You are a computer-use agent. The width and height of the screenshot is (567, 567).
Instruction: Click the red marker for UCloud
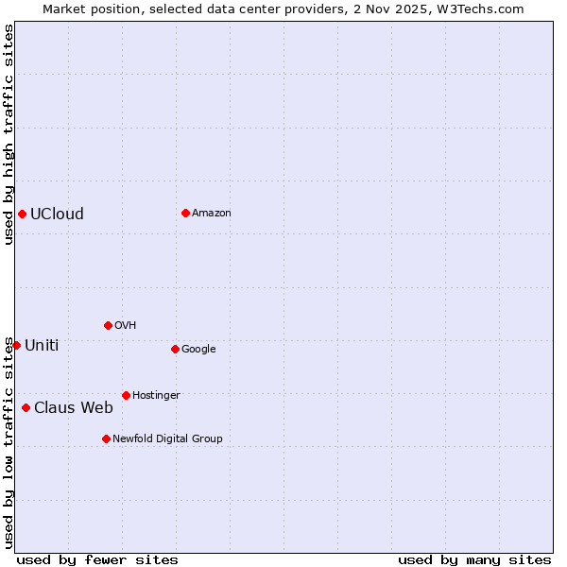click(22, 214)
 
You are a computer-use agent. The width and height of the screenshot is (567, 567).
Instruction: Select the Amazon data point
click(185, 213)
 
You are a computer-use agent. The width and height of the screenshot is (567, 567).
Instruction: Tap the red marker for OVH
click(108, 325)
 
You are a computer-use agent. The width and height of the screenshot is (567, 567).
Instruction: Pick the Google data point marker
click(175, 349)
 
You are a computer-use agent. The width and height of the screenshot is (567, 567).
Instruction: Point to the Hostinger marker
click(126, 395)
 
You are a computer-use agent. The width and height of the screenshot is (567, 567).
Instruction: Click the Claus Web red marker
click(26, 407)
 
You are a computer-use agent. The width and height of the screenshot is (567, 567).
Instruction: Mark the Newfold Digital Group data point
click(106, 438)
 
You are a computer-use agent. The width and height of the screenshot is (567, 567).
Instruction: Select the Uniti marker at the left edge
click(16, 345)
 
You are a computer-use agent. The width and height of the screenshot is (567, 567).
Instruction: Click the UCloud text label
click(57, 214)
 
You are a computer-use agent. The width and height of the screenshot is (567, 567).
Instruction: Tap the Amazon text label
click(211, 213)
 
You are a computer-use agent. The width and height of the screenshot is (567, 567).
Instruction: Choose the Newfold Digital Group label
click(167, 438)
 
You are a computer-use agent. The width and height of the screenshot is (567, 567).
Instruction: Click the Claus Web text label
click(73, 407)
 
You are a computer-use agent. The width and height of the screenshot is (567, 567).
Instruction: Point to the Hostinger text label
click(156, 395)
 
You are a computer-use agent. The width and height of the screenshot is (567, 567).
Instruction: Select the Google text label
click(198, 349)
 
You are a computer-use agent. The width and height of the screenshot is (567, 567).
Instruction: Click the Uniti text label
click(42, 345)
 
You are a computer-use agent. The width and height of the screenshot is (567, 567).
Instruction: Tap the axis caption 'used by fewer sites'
click(97, 559)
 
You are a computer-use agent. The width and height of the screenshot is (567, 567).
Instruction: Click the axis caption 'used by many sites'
click(474, 559)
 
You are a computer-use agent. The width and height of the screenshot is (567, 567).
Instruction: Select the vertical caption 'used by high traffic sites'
click(9, 134)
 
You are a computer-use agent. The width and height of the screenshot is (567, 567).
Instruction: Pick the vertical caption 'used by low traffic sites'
click(9, 442)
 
